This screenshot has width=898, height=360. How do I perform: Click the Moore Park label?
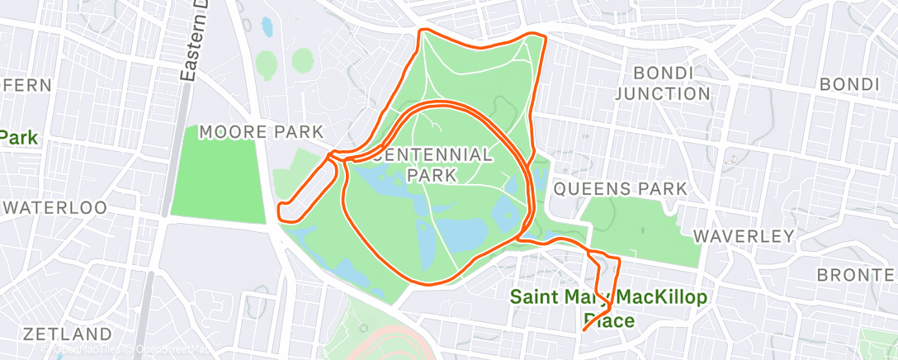pos(261,132)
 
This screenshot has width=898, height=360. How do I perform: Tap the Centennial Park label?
pos(432,164)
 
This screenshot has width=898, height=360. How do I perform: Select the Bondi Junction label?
pos(662,83)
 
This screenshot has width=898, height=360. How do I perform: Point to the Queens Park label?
pos(619,189)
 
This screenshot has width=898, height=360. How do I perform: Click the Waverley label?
pos(743,236)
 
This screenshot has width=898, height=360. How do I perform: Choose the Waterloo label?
pos(54,207)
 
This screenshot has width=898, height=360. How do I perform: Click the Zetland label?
pos(67,334)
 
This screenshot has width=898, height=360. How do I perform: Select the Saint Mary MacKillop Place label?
pos(602,307)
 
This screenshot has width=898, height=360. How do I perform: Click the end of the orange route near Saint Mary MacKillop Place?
pos(584,329)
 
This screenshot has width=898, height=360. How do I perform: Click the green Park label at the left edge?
pos(20,137)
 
